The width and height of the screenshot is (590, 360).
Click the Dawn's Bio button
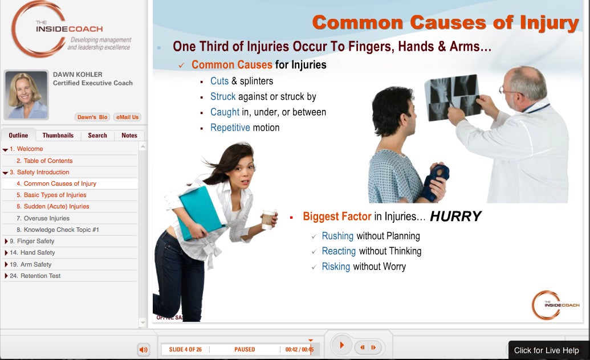[x=92, y=117]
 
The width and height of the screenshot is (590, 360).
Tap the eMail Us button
[x=127, y=117]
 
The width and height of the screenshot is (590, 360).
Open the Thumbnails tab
[x=58, y=135]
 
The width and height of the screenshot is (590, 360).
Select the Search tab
[x=97, y=135]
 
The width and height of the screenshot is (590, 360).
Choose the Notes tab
[x=129, y=135]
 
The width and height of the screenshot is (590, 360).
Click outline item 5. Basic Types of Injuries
[x=51, y=195]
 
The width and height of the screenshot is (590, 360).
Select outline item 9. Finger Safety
[x=32, y=241]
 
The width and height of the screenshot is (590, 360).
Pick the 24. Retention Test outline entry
[x=35, y=276]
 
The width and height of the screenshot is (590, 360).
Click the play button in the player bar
[x=341, y=345]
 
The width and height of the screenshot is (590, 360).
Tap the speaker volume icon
[x=144, y=350]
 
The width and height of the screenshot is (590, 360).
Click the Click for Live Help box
[x=546, y=350]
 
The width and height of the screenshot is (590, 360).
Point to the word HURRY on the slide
[x=455, y=216]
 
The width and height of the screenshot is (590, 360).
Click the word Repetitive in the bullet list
[x=230, y=128]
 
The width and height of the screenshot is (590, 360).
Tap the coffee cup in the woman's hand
[x=268, y=220]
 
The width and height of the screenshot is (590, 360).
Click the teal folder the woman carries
[x=201, y=212]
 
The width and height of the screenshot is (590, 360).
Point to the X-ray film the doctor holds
[x=454, y=97]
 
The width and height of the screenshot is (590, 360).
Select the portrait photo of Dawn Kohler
[x=26, y=95]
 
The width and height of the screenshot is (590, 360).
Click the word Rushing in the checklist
[x=337, y=236]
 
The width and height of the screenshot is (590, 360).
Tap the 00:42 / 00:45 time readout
[x=299, y=350]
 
